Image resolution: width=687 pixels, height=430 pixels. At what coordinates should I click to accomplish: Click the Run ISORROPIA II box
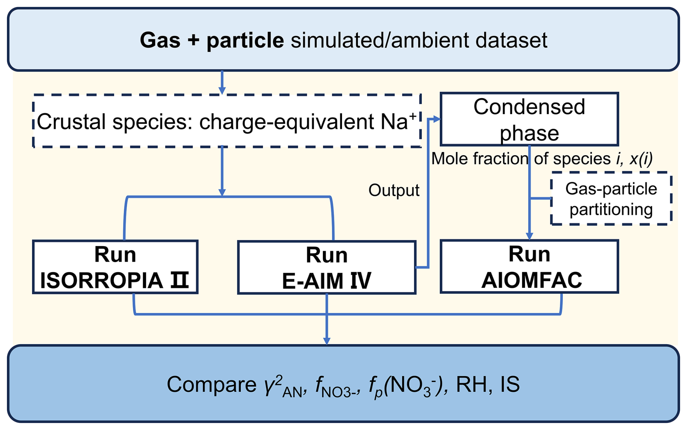[115, 267]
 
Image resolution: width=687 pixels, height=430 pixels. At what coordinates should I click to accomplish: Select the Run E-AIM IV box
[326, 268]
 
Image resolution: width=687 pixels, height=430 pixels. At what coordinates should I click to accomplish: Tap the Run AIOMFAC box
[529, 266]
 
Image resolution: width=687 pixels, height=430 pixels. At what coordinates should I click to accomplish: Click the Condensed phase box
[529, 119]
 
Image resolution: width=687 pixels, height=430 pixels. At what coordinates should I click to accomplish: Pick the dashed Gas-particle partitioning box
[611, 199]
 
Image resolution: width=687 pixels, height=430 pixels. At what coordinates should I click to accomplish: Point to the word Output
[394, 190]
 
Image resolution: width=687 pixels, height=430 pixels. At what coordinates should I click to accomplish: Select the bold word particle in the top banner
[245, 40]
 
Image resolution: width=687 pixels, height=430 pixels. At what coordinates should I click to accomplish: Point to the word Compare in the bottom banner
[211, 384]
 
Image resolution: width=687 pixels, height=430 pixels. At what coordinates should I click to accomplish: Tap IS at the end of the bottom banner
[510, 384]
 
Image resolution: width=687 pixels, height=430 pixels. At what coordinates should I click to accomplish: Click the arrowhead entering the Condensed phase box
[437, 119]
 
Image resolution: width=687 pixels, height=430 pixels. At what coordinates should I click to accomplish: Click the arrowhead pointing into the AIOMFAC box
[529, 236]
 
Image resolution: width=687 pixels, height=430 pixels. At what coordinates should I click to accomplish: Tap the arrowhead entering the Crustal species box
[222, 91]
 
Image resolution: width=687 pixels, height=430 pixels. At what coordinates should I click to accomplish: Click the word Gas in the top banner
[160, 40]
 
